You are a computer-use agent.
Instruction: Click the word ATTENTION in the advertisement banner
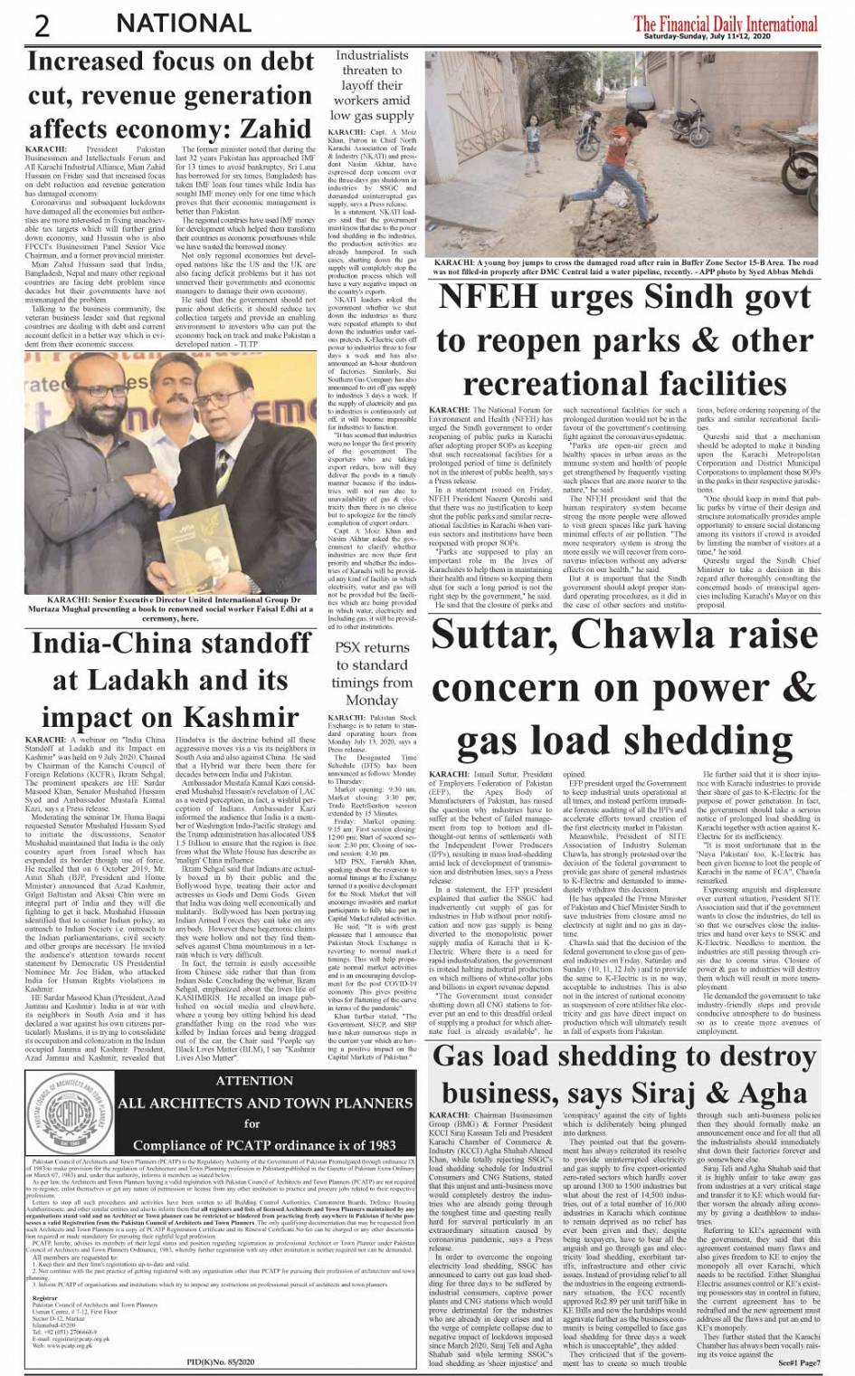pos(255,1080)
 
